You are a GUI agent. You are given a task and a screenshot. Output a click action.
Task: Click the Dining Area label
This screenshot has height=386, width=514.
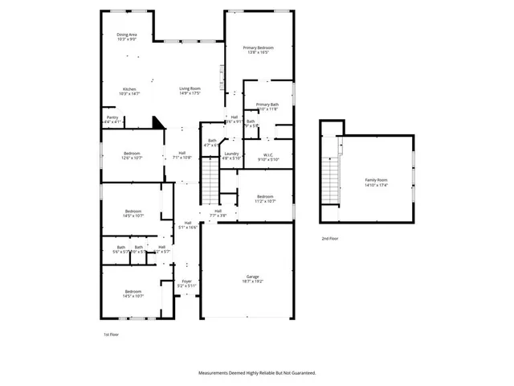coord(128,35)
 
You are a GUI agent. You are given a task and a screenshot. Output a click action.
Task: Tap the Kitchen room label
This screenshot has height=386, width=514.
coord(129,88)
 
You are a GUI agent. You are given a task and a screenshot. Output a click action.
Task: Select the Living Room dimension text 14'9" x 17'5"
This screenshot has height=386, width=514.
coord(190,94)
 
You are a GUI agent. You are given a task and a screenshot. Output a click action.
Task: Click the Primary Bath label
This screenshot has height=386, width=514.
coord(267,105)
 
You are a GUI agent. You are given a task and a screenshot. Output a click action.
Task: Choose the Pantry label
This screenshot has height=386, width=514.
coord(112,117)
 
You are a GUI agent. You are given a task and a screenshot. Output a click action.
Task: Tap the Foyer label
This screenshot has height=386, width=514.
coord(186,281)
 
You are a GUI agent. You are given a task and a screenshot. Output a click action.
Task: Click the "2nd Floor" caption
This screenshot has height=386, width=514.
coord(330,239)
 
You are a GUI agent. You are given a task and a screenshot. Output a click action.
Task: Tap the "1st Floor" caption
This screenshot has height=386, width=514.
coord(111,333)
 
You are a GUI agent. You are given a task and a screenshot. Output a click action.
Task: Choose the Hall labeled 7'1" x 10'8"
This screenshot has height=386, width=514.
coord(182,155)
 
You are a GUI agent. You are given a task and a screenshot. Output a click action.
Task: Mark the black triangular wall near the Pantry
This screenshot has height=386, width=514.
coord(157,122)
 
